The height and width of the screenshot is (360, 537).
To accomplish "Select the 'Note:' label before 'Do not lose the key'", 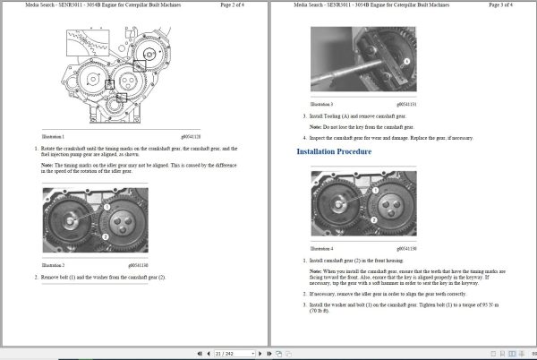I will point(315,126).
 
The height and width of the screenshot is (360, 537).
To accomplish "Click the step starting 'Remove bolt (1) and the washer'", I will point(102,277).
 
